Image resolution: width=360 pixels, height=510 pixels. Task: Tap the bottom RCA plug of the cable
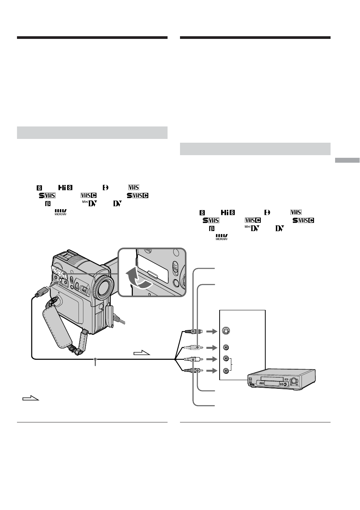(x=192, y=371)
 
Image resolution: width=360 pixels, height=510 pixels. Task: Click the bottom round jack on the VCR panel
(x=226, y=371)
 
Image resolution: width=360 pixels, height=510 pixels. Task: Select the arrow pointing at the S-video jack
(x=212, y=331)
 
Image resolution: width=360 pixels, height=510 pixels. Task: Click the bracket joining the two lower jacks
(x=232, y=365)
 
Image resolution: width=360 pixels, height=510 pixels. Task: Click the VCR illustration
(x=282, y=380)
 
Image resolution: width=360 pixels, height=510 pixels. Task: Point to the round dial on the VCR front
(x=294, y=380)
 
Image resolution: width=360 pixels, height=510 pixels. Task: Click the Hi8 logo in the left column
(x=65, y=187)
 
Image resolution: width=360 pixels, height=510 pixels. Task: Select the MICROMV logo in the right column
(x=222, y=237)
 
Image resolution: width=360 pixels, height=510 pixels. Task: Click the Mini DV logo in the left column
(x=90, y=203)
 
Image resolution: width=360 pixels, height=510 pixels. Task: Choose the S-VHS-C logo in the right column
(x=303, y=220)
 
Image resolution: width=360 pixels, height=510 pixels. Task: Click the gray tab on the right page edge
(x=347, y=160)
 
